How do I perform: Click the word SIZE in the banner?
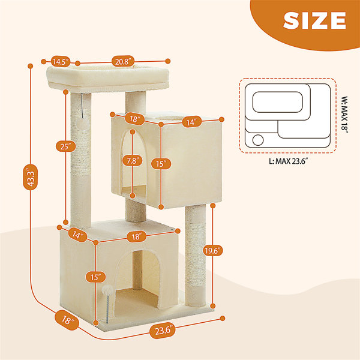tap(314, 20)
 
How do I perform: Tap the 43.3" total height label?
tap(31, 177)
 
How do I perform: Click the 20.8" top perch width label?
tap(123, 62)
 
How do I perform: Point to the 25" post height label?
tap(66, 146)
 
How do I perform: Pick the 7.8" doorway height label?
tap(133, 160)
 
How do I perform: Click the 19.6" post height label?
tap(213, 251)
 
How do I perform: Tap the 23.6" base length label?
tap(163, 331)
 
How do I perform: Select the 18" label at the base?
tap(67, 320)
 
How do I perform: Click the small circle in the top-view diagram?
tap(258, 140)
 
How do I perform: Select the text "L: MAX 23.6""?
tap(288, 161)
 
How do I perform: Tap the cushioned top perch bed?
tap(108, 78)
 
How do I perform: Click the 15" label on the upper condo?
tap(161, 164)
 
